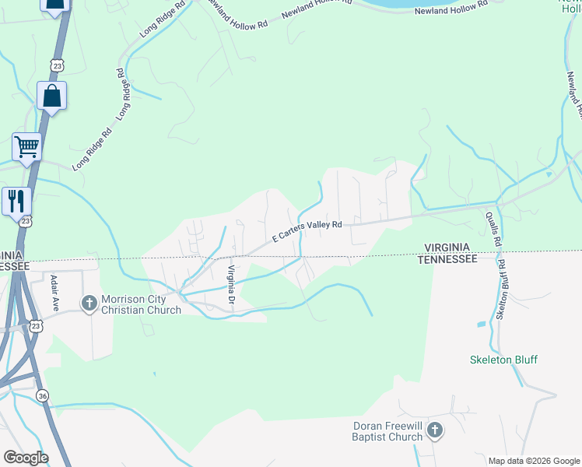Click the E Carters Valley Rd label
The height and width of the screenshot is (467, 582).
(x=307, y=230)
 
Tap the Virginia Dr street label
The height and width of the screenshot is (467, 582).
(x=230, y=284)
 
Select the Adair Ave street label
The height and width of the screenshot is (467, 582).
(x=54, y=293)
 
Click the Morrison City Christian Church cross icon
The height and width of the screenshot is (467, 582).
(x=89, y=301)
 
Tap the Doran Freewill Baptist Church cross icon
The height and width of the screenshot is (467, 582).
(x=435, y=430)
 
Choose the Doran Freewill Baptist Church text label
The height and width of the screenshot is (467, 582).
(x=387, y=431)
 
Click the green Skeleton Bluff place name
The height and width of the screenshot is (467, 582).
(x=503, y=360)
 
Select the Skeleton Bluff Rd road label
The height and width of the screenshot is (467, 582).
(x=502, y=290)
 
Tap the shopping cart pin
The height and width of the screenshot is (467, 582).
(x=26, y=146)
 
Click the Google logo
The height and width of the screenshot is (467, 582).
(x=26, y=457)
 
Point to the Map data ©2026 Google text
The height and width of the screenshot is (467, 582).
(x=534, y=461)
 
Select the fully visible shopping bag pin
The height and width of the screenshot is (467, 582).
(x=51, y=97)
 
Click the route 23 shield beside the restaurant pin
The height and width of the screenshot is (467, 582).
(x=26, y=222)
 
